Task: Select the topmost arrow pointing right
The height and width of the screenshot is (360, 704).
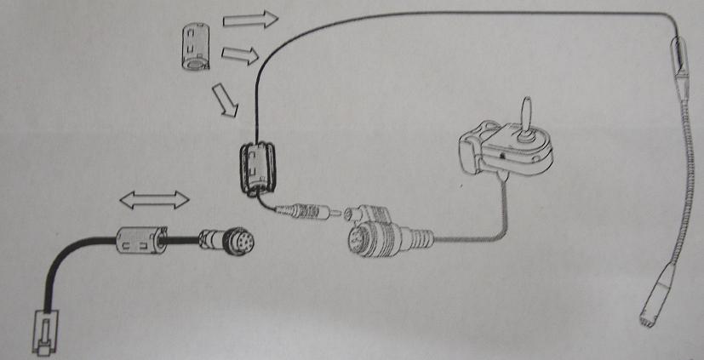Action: tap(260, 19)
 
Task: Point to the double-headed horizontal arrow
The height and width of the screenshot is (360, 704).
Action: tap(154, 201)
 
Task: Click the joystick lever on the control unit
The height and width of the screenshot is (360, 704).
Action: tap(526, 113)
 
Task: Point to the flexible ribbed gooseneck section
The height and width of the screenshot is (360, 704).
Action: tap(689, 170)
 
